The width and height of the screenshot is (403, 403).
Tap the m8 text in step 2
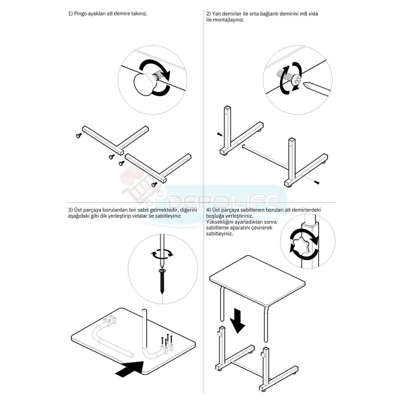[304, 13]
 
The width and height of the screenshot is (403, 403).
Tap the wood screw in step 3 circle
[162, 281]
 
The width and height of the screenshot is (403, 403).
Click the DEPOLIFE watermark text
[223, 200]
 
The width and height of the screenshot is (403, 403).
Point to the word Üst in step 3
[78, 210]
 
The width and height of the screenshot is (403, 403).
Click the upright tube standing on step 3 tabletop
[145, 332]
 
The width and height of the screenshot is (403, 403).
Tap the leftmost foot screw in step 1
[79, 136]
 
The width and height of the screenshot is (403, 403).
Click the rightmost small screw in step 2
[316, 182]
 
